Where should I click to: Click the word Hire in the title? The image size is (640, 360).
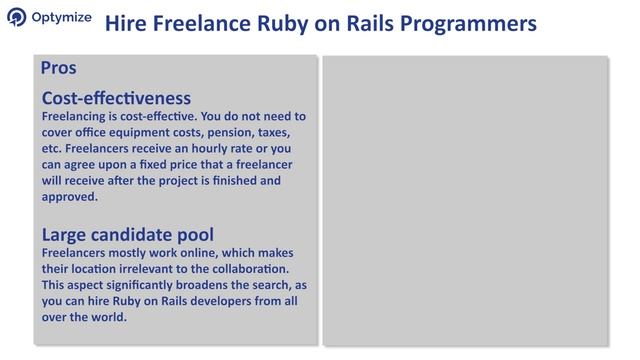coord(125,22)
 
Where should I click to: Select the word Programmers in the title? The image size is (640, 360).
coord(460,22)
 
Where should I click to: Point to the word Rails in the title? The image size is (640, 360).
coord(354,22)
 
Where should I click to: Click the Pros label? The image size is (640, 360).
coord(59,68)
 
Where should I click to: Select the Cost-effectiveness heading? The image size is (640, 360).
coord(116,97)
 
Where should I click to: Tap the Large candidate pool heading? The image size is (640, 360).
coord(127,235)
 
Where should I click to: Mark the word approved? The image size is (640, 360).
coord(69,196)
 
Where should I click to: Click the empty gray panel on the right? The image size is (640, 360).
coord(465,200)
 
